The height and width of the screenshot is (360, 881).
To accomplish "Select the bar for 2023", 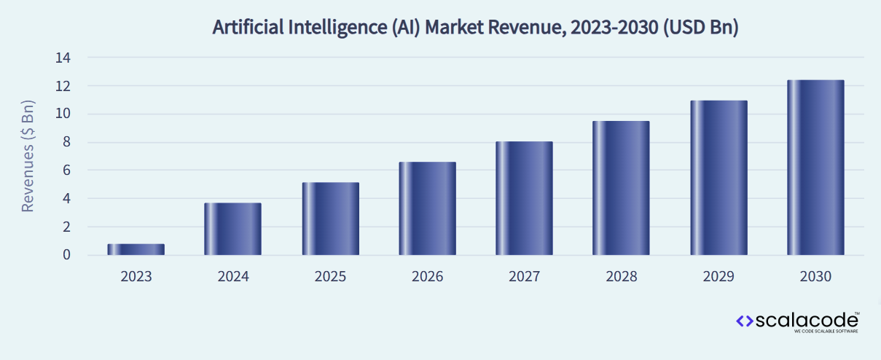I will point(136,249).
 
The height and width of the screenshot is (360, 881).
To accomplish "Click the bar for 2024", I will point(232,229).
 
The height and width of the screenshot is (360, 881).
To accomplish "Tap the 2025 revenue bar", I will point(330,219).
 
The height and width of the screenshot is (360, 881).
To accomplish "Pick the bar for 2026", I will point(427,208).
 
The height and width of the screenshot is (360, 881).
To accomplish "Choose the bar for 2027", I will point(524,198).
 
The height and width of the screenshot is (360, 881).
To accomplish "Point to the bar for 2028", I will point(621,188).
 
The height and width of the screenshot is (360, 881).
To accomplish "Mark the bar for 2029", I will point(718,178).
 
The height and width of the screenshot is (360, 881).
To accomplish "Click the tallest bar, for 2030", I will point(815,168).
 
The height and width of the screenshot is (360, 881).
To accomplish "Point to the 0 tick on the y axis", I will point(66,255).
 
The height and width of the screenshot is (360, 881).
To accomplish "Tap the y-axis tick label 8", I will point(66,142).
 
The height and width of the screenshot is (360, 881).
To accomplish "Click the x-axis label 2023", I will point(136,277).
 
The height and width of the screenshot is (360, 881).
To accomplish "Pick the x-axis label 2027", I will point(524,277).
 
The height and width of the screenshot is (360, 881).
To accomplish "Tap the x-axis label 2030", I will point(815,277).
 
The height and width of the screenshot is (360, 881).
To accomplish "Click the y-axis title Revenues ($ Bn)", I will point(28,155).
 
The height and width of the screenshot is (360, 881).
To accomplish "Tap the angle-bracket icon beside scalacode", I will point(744,321).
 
